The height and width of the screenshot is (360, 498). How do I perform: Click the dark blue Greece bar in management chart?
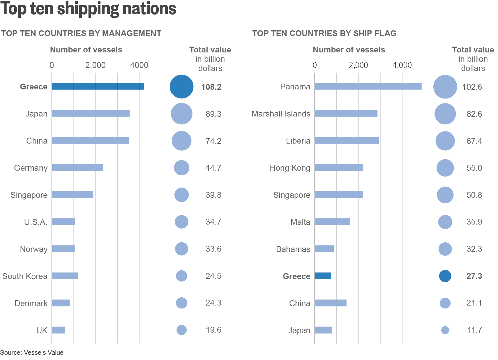coord(98,86)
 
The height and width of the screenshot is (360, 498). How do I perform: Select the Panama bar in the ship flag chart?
coord(368,86)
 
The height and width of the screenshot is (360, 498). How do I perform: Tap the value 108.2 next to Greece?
coord(211,87)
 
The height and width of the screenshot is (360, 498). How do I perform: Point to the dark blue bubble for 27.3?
coord(445,276)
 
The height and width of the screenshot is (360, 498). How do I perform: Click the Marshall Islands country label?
coord(281,114)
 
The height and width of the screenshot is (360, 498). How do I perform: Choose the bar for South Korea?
coord(65,276)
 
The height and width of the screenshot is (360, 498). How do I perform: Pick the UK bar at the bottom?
coord(58,330)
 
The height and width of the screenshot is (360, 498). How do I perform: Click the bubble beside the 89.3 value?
coord(181,114)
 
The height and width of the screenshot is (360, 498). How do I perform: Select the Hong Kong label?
coord(290,168)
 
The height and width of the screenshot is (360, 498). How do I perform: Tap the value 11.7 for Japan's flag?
coord(474,330)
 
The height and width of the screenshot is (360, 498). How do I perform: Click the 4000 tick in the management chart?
coord(139,65)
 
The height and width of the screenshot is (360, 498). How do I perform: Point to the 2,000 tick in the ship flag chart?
coord(358,65)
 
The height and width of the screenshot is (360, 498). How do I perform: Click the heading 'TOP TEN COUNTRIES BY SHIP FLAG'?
coord(324,33)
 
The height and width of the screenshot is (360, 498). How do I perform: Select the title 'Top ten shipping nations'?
coord(88,9)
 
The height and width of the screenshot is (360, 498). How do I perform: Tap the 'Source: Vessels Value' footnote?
coord(32,352)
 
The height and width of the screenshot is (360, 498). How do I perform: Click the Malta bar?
coord(332,222)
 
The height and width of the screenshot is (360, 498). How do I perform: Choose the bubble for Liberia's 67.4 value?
coord(445,141)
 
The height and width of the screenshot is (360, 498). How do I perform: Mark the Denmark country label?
coord(31,303)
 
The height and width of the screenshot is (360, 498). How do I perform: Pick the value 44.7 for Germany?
coord(213,168)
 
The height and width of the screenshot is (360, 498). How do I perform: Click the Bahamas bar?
coord(324,249)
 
